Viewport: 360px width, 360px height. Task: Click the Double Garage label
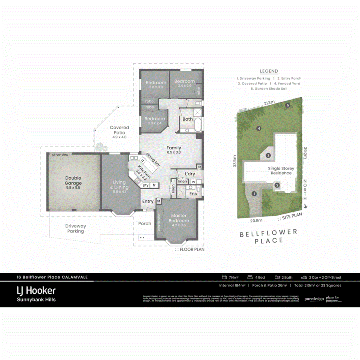73,181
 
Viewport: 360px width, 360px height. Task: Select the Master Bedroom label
178,218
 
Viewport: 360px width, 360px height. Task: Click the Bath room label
188,119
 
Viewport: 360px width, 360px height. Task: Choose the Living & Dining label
120,185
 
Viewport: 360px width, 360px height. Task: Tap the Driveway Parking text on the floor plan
76,228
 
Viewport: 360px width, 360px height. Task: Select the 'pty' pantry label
146,185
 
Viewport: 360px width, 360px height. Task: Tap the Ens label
193,194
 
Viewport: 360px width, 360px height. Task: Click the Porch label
145,223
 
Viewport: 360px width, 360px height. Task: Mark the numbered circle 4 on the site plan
259,128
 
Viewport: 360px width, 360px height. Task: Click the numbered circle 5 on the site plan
288,105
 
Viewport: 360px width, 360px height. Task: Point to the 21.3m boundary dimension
269,103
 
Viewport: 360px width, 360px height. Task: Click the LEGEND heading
269,71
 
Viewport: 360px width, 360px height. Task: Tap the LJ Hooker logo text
36,290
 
